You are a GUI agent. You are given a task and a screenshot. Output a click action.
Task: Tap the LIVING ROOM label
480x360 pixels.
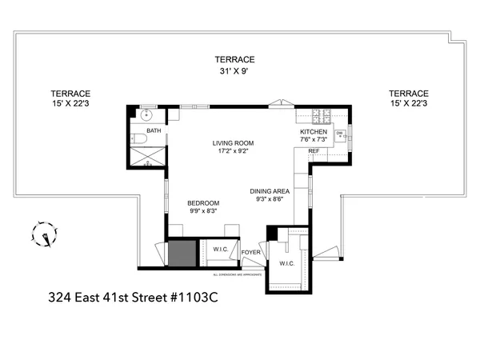232,144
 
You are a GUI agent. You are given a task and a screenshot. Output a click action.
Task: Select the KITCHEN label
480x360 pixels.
311,131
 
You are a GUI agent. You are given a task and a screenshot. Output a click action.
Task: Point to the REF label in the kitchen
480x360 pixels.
313,150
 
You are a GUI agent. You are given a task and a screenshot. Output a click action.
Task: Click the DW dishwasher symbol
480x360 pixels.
340,133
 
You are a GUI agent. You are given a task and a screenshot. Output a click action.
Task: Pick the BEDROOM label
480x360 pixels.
203,202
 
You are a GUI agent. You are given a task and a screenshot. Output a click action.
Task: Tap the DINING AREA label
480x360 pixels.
269,191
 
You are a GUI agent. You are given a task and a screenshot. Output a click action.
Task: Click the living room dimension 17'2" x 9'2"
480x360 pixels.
232,152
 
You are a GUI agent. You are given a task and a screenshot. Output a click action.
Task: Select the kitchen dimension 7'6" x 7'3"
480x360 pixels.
312,139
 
